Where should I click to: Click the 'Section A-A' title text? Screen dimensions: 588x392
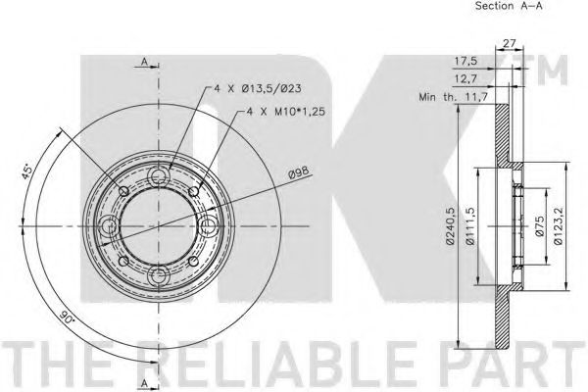click(x=509, y=6)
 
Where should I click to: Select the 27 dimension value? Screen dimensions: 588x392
click(x=509, y=43)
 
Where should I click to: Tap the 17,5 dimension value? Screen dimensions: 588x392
click(x=466, y=61)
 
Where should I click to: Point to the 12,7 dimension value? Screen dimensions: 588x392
click(x=465, y=78)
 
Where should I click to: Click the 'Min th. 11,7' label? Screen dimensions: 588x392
click(x=453, y=97)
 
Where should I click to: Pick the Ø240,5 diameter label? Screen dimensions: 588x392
click(x=451, y=226)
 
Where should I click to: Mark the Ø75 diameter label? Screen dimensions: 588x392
click(x=539, y=226)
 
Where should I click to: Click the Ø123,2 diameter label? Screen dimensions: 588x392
click(x=559, y=226)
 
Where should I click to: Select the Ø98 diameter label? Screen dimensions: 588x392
click(x=300, y=172)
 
